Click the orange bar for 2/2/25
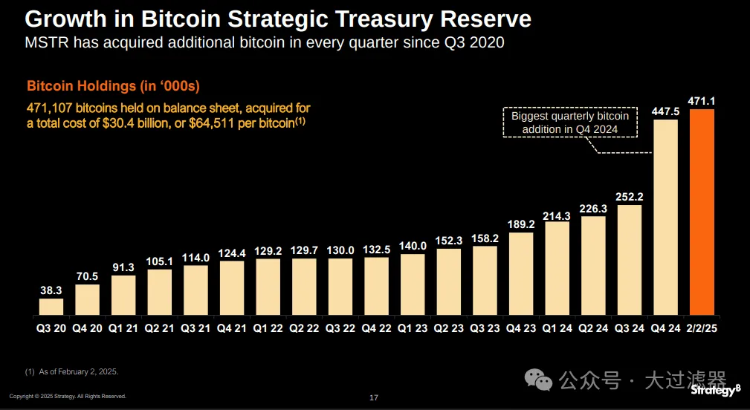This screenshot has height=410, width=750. pos(702,212)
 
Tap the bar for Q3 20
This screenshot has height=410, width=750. pos(51,307)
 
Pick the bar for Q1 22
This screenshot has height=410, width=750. pos(267,287)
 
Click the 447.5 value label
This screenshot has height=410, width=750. pos(666,111)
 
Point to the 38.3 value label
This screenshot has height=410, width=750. pos(51,291)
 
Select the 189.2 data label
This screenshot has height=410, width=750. pos(520,224)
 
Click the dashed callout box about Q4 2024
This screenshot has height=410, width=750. pos(570,123)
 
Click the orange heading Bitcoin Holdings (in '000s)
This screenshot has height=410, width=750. pos(113,86)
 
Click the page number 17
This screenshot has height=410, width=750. pos(374,398)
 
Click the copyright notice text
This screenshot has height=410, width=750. pos(68,396)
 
